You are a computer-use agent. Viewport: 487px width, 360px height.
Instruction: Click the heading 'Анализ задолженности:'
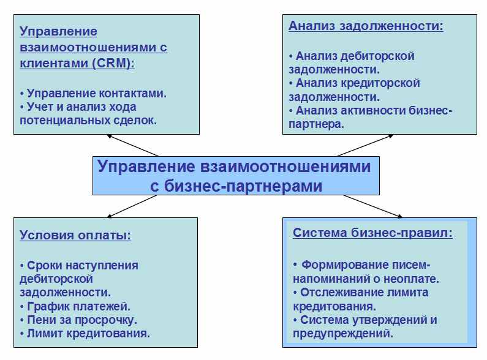point(366,26)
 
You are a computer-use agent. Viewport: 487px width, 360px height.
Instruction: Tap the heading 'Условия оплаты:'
point(75,235)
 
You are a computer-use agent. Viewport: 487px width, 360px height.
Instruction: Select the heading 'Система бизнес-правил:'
point(372,233)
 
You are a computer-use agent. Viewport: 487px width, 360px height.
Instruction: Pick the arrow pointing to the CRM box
point(132,145)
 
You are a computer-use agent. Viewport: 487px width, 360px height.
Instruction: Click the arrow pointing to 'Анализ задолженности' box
point(366,145)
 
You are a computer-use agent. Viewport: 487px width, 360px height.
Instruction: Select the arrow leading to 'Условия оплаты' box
point(132,206)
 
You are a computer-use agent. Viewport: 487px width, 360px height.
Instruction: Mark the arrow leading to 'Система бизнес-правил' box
point(373,206)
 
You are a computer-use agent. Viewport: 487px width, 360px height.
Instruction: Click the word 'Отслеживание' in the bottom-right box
point(345,292)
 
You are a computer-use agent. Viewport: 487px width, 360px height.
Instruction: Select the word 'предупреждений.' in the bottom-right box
point(343,334)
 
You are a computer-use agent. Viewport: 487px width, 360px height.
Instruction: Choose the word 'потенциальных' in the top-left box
point(64,121)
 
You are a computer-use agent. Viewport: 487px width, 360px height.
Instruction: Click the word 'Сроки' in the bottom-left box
point(45,266)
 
